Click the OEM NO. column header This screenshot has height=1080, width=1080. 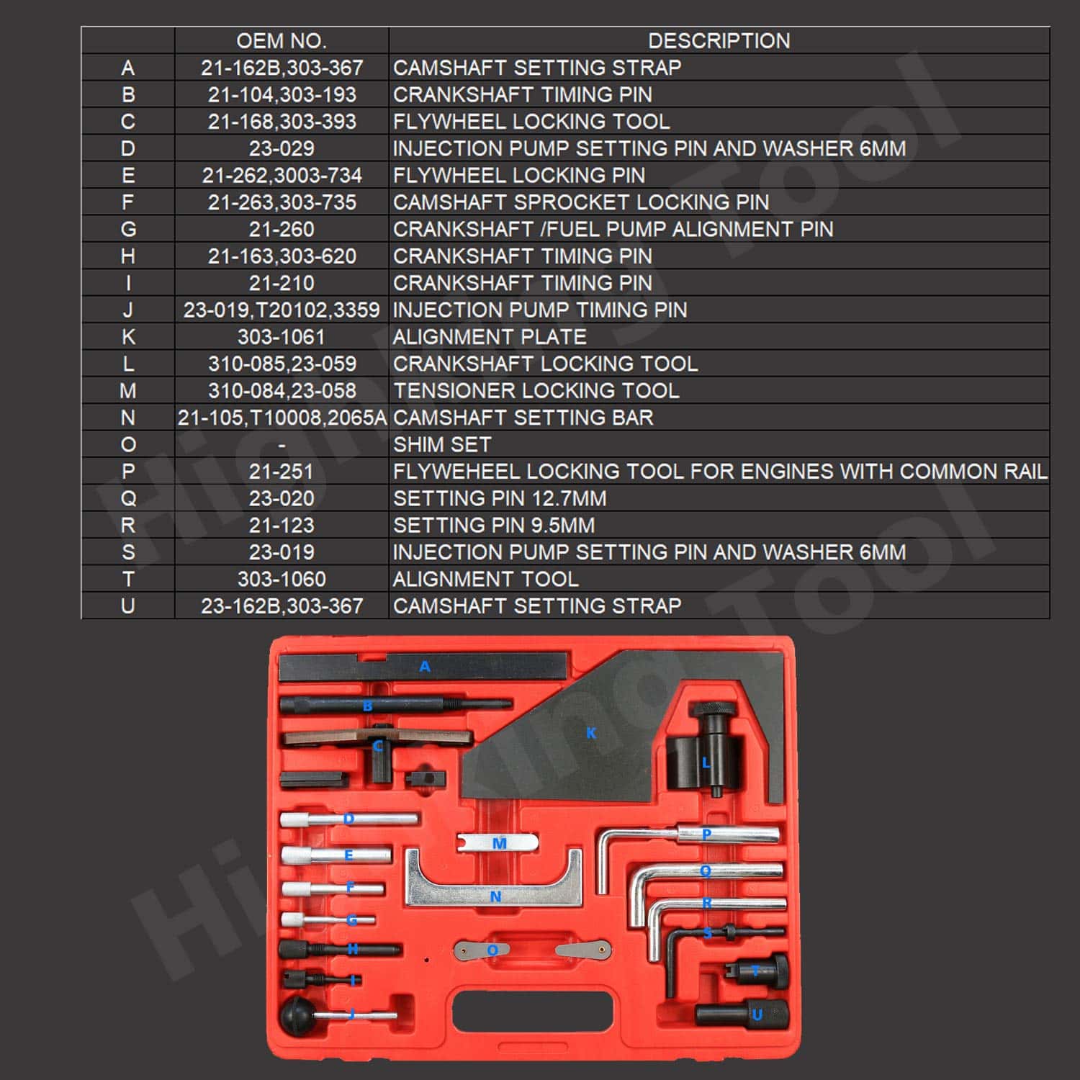pyautogui.click(x=281, y=40)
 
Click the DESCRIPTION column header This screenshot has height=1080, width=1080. pyautogui.click(x=719, y=40)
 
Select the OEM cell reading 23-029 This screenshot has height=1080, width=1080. pyautogui.click(x=281, y=148)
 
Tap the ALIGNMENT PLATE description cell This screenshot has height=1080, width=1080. pyautogui.click(x=490, y=337)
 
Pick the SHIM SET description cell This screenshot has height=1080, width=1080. pyautogui.click(x=442, y=444)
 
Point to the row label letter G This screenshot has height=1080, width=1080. pyautogui.click(x=128, y=229)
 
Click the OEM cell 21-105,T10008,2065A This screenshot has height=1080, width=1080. pyautogui.click(x=282, y=418)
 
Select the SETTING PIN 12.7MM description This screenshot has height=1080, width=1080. pyautogui.click(x=500, y=498)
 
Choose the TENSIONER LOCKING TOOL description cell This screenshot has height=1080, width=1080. pyautogui.click(x=536, y=391)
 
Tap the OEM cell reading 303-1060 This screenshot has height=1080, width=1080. pyautogui.click(x=281, y=579)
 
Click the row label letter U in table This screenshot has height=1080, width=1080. pyautogui.click(x=128, y=606)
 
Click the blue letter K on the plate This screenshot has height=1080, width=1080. pyautogui.click(x=590, y=733)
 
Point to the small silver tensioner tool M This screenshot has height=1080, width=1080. pyautogui.click(x=498, y=842)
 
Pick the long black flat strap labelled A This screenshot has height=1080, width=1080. pyautogui.click(x=425, y=667)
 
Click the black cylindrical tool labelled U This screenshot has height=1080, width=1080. pyautogui.click(x=742, y=1014)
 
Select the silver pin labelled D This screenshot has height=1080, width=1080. pyautogui.click(x=349, y=819)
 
